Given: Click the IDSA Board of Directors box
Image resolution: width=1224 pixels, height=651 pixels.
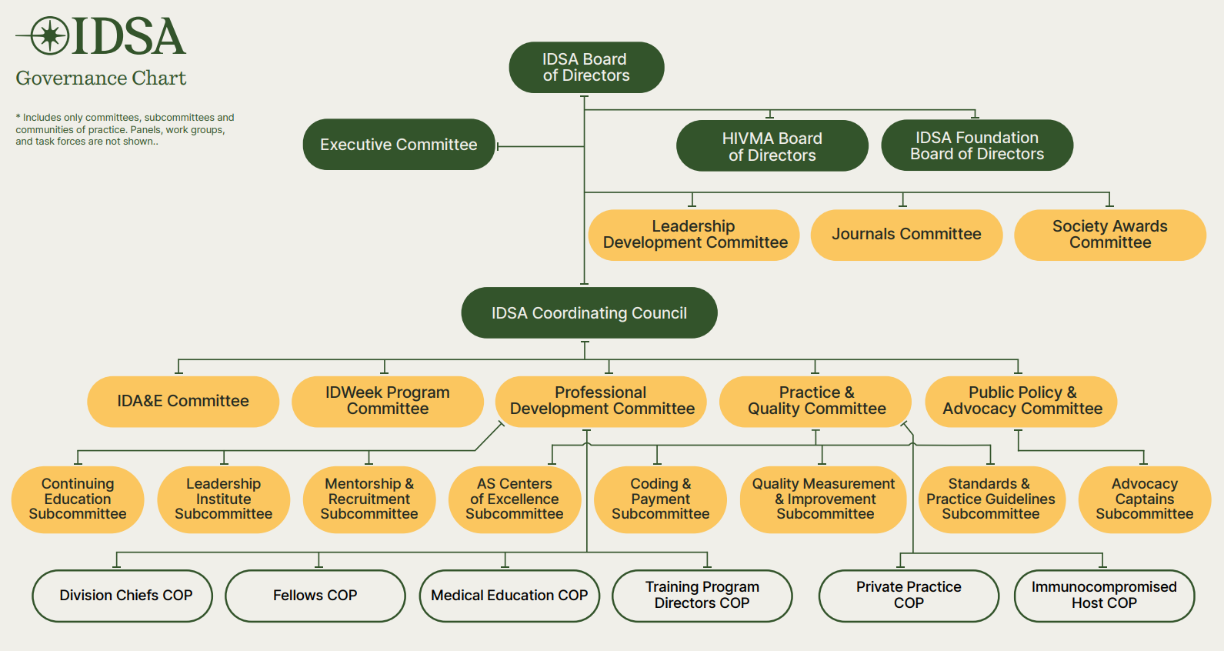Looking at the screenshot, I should [x=586, y=68].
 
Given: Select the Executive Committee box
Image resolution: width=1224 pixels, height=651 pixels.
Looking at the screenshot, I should [x=399, y=145].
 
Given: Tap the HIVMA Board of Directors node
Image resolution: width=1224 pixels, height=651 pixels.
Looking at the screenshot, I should [x=772, y=146].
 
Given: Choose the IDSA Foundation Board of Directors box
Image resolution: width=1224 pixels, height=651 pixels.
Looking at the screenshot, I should [x=977, y=145].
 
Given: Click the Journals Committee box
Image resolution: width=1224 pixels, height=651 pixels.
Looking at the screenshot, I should [x=906, y=235].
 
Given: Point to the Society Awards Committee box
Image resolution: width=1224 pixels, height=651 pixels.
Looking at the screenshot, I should [x=1109, y=235].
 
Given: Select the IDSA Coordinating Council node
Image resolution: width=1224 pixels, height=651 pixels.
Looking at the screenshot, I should [x=589, y=313].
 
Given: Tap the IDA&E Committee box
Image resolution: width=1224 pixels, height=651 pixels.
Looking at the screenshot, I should [x=183, y=401].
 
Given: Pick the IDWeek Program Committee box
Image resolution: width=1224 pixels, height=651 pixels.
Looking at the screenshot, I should [x=388, y=401].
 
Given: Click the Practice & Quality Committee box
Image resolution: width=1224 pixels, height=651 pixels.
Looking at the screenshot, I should [x=816, y=401].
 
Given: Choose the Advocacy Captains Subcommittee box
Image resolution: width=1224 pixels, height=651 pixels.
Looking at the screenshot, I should [x=1144, y=499].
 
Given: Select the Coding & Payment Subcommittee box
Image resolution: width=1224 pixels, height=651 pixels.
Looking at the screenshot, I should [x=660, y=499].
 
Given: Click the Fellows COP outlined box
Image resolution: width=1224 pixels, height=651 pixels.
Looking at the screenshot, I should [x=315, y=596].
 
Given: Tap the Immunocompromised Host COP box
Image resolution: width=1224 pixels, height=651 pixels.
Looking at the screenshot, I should [x=1104, y=596].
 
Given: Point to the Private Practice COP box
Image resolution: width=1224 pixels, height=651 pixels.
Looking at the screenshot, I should [x=909, y=596].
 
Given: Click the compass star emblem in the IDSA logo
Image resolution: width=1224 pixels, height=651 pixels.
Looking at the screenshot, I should [x=51, y=35].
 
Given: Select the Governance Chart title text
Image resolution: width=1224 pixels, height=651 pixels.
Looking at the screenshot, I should [x=101, y=78].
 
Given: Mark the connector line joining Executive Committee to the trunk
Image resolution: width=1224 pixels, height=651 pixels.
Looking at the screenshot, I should [x=540, y=146].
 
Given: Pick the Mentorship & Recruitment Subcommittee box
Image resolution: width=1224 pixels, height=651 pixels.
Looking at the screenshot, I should [x=369, y=499].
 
